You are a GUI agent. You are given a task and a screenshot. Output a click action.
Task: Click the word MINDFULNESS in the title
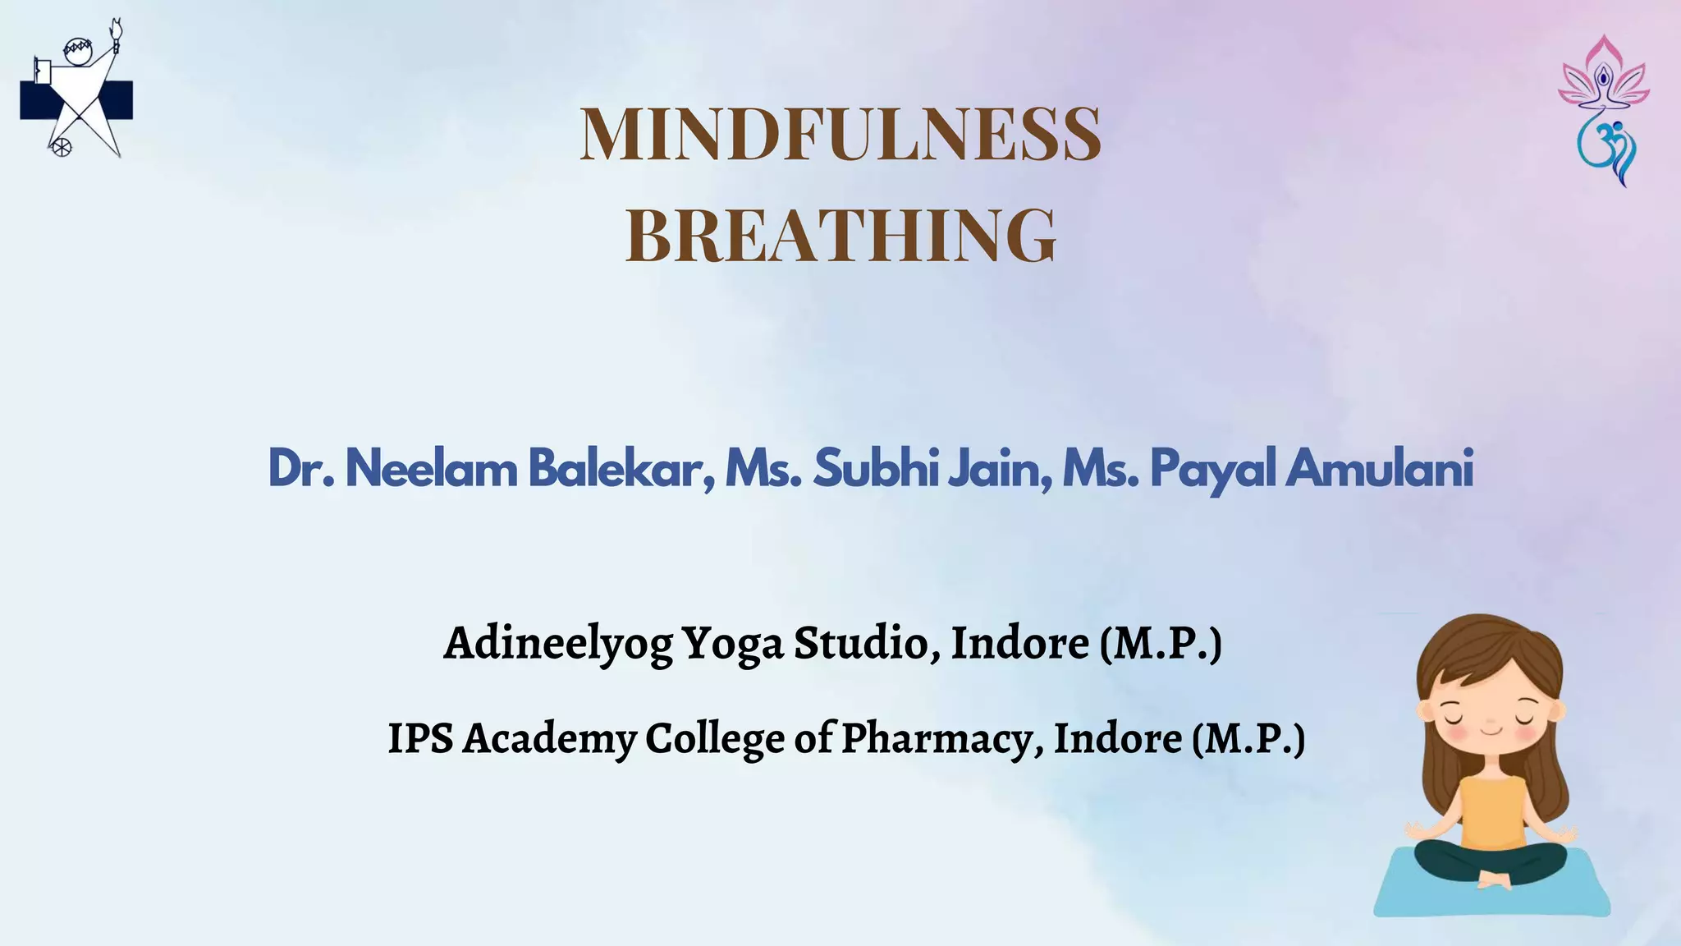click(840, 134)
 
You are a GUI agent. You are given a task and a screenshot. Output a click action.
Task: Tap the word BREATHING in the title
click(840, 236)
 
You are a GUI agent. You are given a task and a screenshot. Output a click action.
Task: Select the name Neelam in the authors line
click(431, 469)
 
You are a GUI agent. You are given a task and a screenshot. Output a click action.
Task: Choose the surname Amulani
click(1379, 469)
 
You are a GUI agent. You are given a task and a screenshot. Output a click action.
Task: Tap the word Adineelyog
click(558, 643)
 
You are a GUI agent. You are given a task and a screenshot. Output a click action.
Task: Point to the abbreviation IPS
click(420, 737)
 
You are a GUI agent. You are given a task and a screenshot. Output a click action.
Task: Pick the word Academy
click(549, 738)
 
